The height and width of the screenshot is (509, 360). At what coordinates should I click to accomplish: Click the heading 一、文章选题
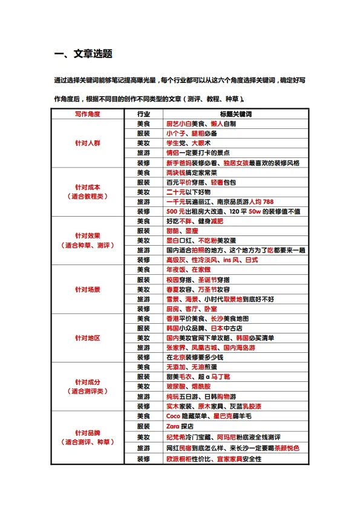[83, 54]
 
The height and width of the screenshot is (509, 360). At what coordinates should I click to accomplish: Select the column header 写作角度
[87, 114]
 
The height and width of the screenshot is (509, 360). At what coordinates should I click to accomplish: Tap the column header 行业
[143, 114]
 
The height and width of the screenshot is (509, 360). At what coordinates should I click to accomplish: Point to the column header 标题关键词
[235, 114]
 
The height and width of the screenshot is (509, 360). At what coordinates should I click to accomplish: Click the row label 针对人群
[87, 143]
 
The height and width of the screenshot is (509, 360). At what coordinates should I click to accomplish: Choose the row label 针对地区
[87, 338]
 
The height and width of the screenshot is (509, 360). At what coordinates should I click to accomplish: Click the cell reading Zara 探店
[182, 426]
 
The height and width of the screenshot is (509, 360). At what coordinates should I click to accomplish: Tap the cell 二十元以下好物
[188, 192]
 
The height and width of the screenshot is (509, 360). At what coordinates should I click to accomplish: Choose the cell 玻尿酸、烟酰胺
[188, 386]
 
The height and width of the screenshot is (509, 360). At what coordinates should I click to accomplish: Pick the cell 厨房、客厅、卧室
[191, 309]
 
